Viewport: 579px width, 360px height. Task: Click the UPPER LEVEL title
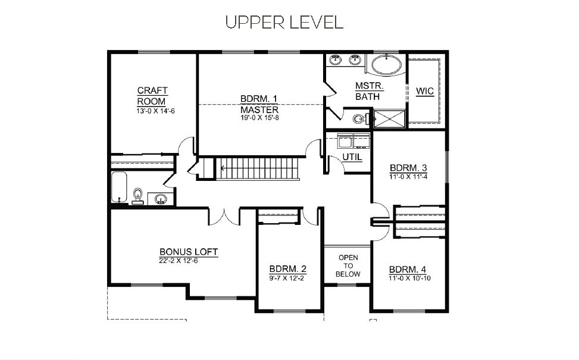click(284, 22)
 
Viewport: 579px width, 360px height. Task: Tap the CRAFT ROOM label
click(152, 96)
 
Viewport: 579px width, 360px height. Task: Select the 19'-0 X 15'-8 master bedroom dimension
click(259, 118)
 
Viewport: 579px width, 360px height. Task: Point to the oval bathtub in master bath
click(386, 65)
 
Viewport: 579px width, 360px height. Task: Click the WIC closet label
click(425, 91)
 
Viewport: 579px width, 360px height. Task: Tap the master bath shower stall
click(389, 119)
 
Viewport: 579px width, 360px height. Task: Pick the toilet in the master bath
click(360, 119)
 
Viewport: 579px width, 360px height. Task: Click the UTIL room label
click(352, 157)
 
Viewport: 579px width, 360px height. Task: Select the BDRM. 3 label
click(408, 168)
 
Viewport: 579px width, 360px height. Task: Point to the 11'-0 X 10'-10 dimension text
click(409, 278)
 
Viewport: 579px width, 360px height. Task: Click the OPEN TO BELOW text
click(348, 266)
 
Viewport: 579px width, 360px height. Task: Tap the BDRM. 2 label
click(287, 269)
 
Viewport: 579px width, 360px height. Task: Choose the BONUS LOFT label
click(189, 252)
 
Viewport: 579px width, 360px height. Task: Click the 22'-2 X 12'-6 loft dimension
click(179, 261)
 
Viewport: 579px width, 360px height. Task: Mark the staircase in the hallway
click(257, 168)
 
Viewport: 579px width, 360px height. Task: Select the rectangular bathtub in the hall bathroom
click(119, 187)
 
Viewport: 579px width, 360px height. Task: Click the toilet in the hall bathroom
click(137, 196)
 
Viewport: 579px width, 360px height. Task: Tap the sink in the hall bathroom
click(161, 199)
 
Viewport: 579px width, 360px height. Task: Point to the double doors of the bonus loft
click(224, 217)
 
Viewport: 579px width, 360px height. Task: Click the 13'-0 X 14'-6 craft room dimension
click(155, 111)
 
